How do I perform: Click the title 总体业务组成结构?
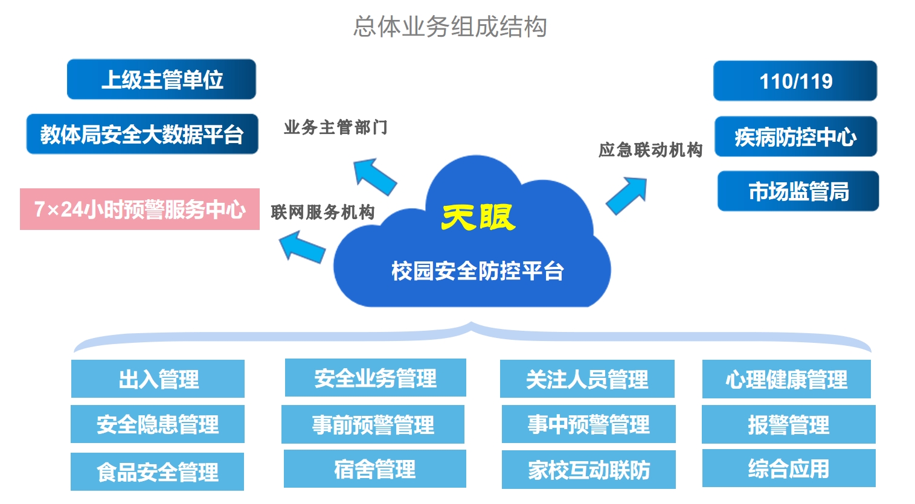click(450, 27)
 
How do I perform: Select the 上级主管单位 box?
click(161, 79)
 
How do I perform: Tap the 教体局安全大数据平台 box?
click(142, 134)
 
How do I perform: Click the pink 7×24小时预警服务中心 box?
click(140, 209)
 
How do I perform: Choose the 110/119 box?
click(795, 81)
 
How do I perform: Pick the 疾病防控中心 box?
click(795, 137)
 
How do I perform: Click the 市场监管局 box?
click(798, 191)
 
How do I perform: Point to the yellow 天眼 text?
click(478, 217)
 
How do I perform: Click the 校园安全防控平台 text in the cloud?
click(477, 271)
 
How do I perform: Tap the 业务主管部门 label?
click(336, 127)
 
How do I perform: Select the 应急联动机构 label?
click(650, 150)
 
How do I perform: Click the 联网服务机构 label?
click(323, 212)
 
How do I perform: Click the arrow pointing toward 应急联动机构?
click(627, 195)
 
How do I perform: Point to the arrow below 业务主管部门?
click(374, 176)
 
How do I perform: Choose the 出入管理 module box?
click(158, 379)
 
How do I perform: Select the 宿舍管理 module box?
click(374, 468)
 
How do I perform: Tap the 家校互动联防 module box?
click(588, 470)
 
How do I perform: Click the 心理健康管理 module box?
click(786, 379)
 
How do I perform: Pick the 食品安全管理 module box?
click(157, 471)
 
